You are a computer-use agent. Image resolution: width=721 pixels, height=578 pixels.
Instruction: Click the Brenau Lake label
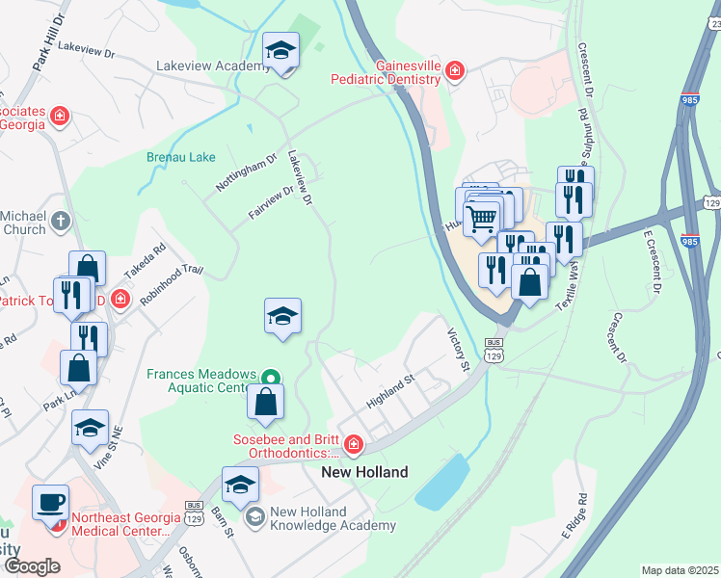click(180, 155)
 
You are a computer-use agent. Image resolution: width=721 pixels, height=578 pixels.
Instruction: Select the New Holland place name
click(364, 472)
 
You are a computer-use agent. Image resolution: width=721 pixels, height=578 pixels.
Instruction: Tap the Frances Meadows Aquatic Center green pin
click(271, 378)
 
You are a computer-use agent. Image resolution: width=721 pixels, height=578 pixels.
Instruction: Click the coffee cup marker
click(50, 502)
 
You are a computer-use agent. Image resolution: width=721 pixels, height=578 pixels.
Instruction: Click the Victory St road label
click(457, 350)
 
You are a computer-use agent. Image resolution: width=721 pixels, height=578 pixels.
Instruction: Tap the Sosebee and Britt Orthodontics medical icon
click(353, 444)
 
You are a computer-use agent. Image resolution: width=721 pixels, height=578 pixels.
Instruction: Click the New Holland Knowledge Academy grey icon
click(255, 518)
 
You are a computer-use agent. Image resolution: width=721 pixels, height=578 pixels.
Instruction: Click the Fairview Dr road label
click(270, 203)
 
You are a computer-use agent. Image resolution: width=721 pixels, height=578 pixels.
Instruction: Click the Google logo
click(32, 565)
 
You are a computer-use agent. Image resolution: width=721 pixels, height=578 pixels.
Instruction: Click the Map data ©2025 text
click(679, 570)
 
